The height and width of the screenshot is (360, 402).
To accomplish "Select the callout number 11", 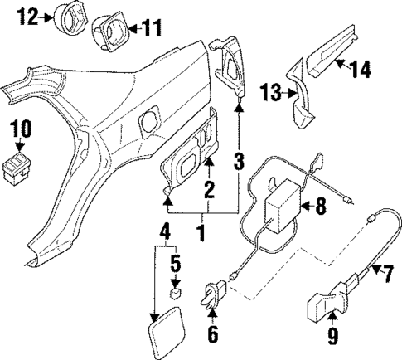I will coord(149,27).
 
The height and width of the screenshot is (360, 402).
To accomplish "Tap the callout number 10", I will coord(22,128).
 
